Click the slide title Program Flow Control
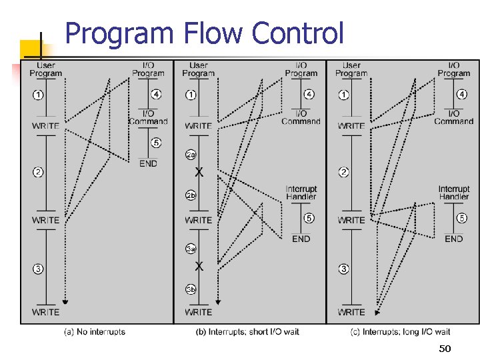click(x=205, y=33)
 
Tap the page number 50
click(x=445, y=349)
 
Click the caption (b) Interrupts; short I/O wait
click(x=247, y=331)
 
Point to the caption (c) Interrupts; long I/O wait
click(x=400, y=331)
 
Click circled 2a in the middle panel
click(x=191, y=155)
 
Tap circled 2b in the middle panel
click(x=191, y=195)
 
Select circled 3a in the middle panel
click(x=191, y=249)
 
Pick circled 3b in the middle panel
click(x=191, y=289)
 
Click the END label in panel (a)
click(x=149, y=163)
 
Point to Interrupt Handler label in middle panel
click(x=301, y=193)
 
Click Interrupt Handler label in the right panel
click(x=454, y=193)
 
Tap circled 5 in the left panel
click(x=156, y=143)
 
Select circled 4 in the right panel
click(x=462, y=95)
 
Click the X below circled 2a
click(x=199, y=172)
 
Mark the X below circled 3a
click(x=199, y=266)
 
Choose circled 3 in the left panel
click(x=38, y=269)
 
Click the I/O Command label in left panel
click(x=148, y=117)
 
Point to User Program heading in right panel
click(x=351, y=69)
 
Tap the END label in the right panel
click(x=453, y=239)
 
